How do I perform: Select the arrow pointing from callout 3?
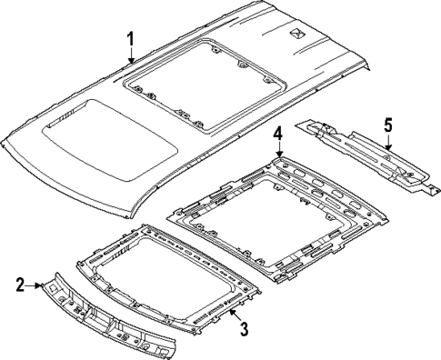(x=234, y=315)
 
